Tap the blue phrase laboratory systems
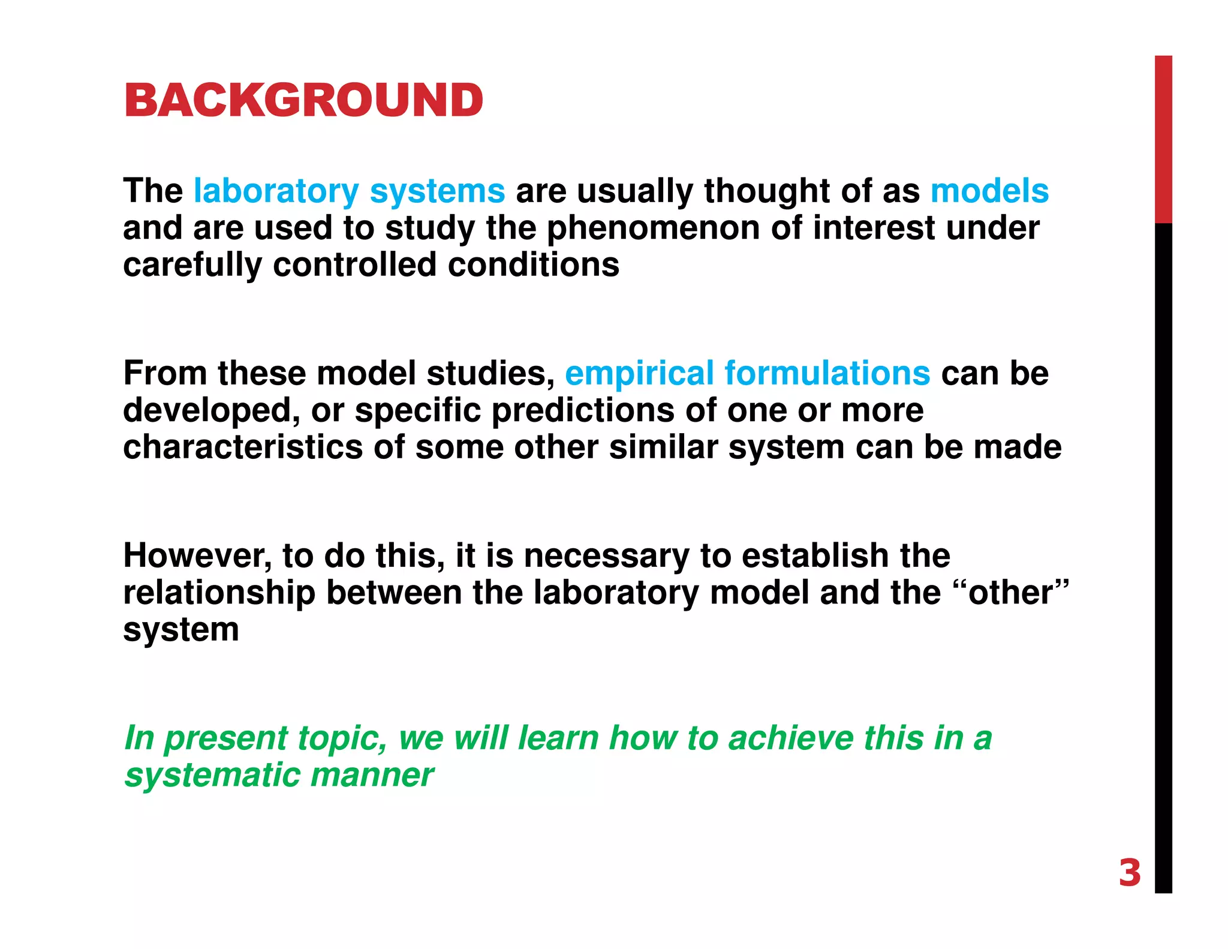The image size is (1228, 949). [349, 191]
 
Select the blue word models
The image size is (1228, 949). [989, 191]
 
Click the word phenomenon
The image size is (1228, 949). [653, 229]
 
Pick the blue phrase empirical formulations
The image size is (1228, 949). [747, 373]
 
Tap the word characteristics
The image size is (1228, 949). [243, 448]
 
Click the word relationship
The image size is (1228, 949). [219, 593]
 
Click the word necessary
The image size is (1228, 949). [606, 556]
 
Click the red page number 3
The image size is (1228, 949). [1129, 873]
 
